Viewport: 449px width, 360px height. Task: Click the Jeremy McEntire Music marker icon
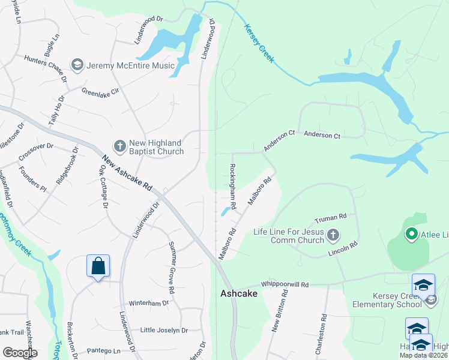(x=77, y=64)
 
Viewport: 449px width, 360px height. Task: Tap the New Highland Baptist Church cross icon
(x=119, y=146)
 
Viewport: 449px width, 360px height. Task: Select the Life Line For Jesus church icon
(x=334, y=235)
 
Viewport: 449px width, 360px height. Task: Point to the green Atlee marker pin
(x=412, y=234)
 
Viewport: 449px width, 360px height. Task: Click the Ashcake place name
(x=239, y=293)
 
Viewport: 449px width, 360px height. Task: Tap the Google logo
(x=19, y=352)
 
